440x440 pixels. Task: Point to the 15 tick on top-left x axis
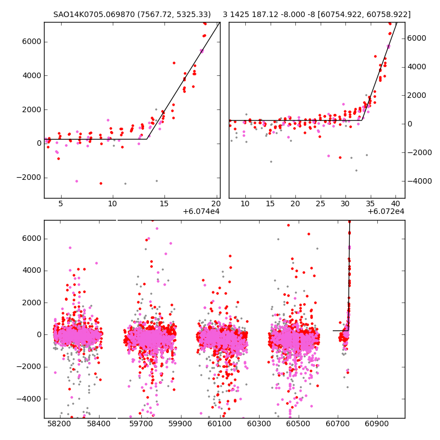coord(164,204)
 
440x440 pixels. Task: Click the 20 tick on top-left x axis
coord(216,204)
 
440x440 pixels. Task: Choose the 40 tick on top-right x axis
coord(395,204)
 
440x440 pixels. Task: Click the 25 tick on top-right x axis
coord(320,204)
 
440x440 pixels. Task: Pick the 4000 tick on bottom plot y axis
coord(32,270)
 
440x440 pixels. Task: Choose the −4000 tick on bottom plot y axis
coord(30,398)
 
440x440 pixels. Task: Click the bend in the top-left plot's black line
coord(146,139)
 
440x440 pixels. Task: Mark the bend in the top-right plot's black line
coord(362,119)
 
